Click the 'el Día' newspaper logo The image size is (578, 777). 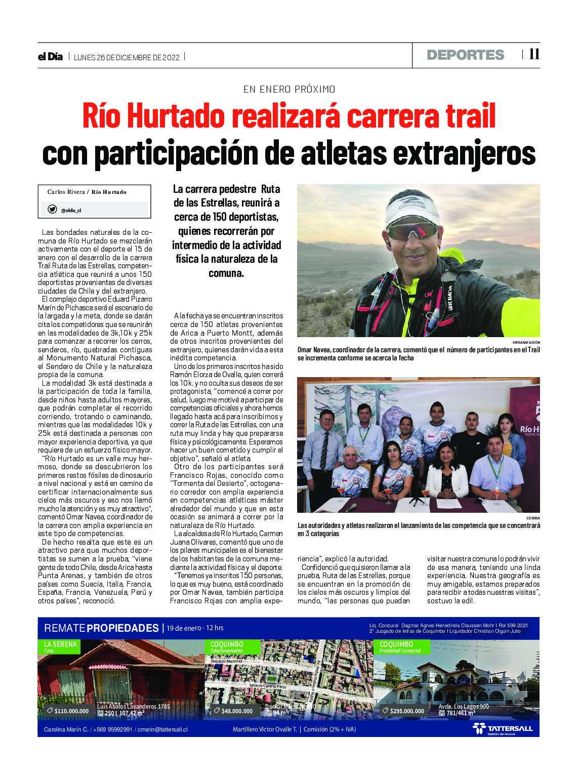[x=50, y=57]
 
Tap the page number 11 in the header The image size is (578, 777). [x=534, y=54]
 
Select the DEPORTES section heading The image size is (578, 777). [x=465, y=55]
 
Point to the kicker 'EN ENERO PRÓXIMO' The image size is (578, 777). [x=289, y=90]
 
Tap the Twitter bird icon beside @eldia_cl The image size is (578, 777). [x=52, y=209]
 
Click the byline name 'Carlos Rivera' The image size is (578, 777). [x=66, y=192]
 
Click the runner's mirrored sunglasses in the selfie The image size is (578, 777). [x=413, y=231]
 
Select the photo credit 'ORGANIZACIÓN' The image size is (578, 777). [x=526, y=343]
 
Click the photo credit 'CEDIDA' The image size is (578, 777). [x=532, y=518]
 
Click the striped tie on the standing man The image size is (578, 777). [x=324, y=450]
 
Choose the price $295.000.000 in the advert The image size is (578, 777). [x=407, y=711]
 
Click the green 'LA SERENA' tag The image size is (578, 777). [x=60, y=644]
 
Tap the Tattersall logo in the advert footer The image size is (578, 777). [x=503, y=729]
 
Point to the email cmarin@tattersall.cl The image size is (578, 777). [x=162, y=729]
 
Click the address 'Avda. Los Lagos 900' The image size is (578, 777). [x=463, y=707]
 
